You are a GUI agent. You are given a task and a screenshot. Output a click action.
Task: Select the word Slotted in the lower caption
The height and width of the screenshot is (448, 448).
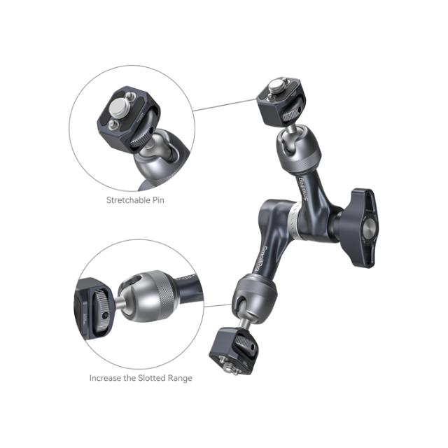[x=151, y=378]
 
